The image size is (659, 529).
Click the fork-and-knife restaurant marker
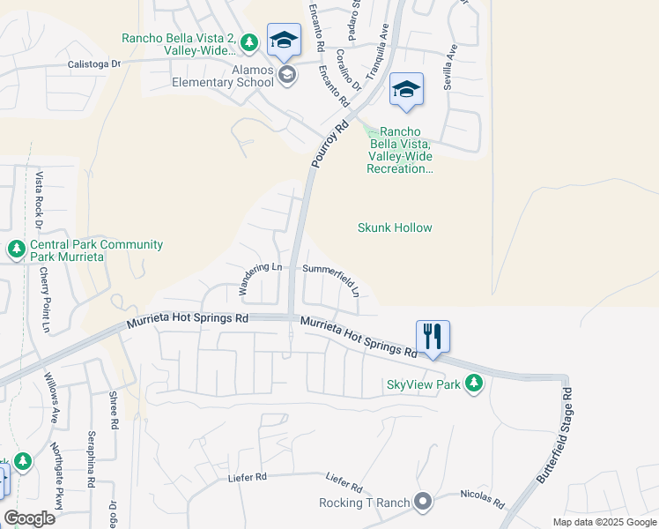click(x=433, y=337)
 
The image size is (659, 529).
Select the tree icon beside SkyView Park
click(x=474, y=383)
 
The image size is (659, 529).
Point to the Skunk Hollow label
click(x=395, y=227)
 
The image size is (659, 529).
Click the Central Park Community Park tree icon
click(x=16, y=250)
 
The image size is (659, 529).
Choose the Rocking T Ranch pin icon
click(x=423, y=503)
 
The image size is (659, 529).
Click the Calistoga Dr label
click(x=94, y=64)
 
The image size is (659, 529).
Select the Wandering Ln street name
click(x=260, y=278)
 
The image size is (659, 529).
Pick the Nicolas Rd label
click(x=482, y=499)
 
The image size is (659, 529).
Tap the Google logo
click(x=29, y=518)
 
